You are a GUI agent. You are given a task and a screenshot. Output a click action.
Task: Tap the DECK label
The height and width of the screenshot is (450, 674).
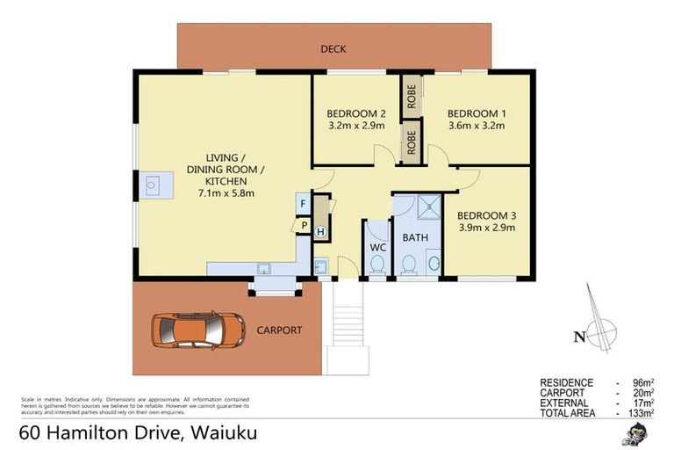coord(332,48)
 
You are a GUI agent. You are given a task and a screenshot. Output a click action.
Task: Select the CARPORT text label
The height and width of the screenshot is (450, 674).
coord(279,330)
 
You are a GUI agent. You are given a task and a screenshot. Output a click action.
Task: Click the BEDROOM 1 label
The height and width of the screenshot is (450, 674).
coord(477,113)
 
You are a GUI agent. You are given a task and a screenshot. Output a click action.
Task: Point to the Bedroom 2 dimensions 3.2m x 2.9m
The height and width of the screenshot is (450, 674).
coord(356,127)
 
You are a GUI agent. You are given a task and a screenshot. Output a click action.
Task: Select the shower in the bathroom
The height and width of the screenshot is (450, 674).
coord(427,208)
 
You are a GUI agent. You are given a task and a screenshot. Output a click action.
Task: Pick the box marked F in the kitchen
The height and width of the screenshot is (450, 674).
coord(302,204)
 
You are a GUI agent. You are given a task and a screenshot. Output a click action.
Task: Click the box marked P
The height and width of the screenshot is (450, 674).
coord(302,225)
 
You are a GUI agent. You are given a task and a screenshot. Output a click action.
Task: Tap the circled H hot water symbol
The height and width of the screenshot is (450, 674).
coord(320,232)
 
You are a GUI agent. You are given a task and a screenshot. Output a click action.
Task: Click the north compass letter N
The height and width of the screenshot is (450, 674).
coord(577,335)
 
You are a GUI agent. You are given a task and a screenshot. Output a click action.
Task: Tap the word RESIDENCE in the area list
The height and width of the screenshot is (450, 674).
coord(566,383)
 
